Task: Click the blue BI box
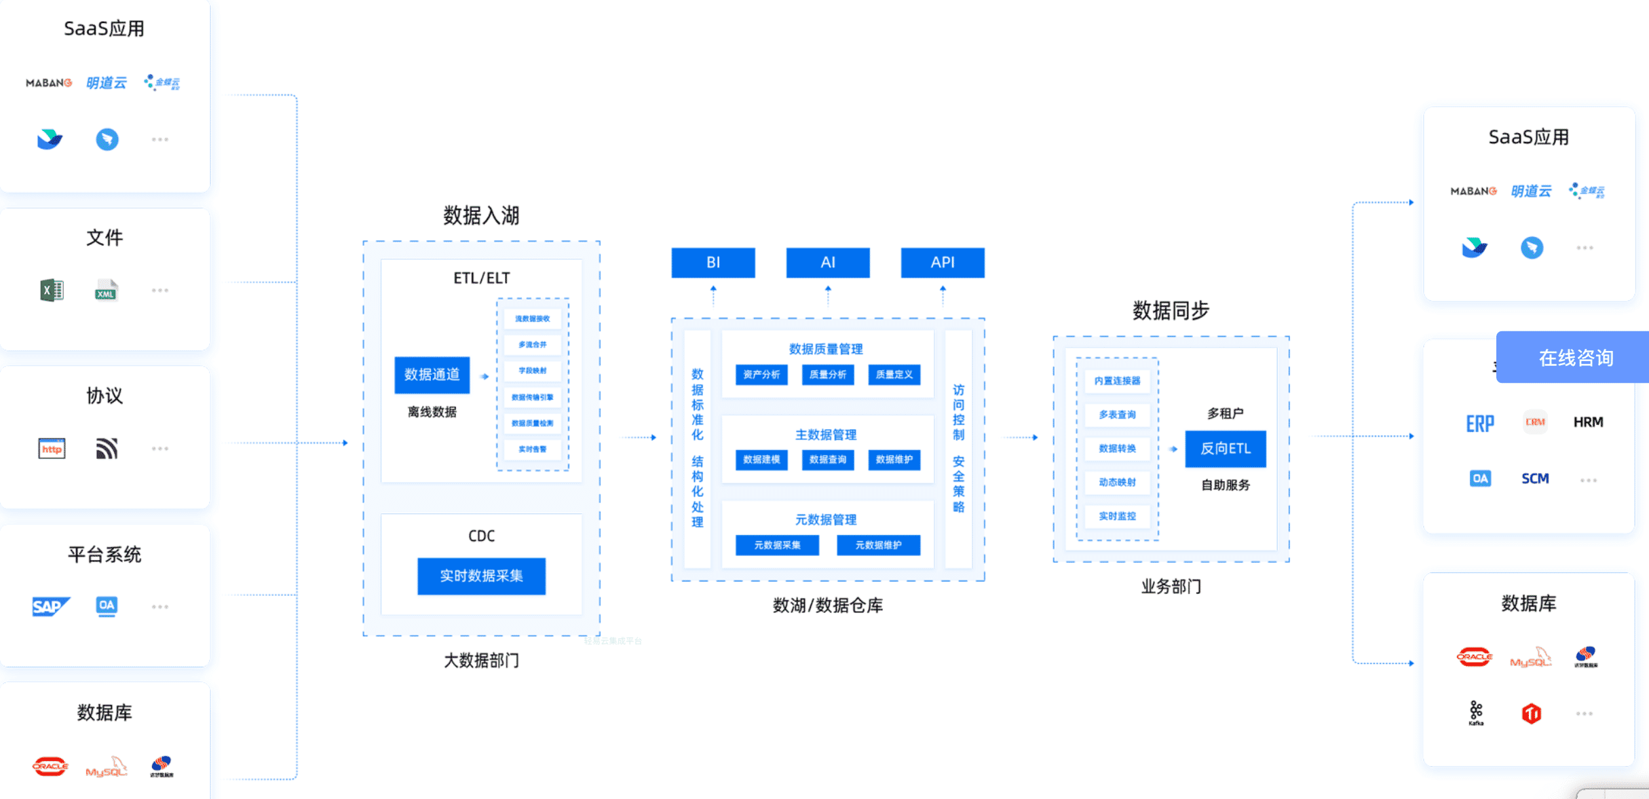tap(713, 263)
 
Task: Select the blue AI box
tap(827, 263)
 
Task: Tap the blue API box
tap(942, 263)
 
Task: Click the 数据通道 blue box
tap(432, 375)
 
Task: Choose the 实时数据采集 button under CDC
tap(481, 576)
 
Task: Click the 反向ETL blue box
tap(1225, 449)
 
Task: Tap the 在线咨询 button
tap(1574, 358)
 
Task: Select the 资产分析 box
tap(761, 375)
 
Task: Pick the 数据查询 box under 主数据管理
tap(827, 460)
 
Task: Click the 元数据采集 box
tap(777, 545)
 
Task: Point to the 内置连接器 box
tap(1117, 381)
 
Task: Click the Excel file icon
tap(52, 291)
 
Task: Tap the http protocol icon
tap(52, 449)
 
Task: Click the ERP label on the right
tap(1479, 424)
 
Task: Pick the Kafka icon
tap(1476, 713)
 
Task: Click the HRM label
tap(1588, 422)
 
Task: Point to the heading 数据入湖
tap(481, 216)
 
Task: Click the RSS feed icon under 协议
tap(107, 449)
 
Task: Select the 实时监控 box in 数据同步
tap(1117, 516)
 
